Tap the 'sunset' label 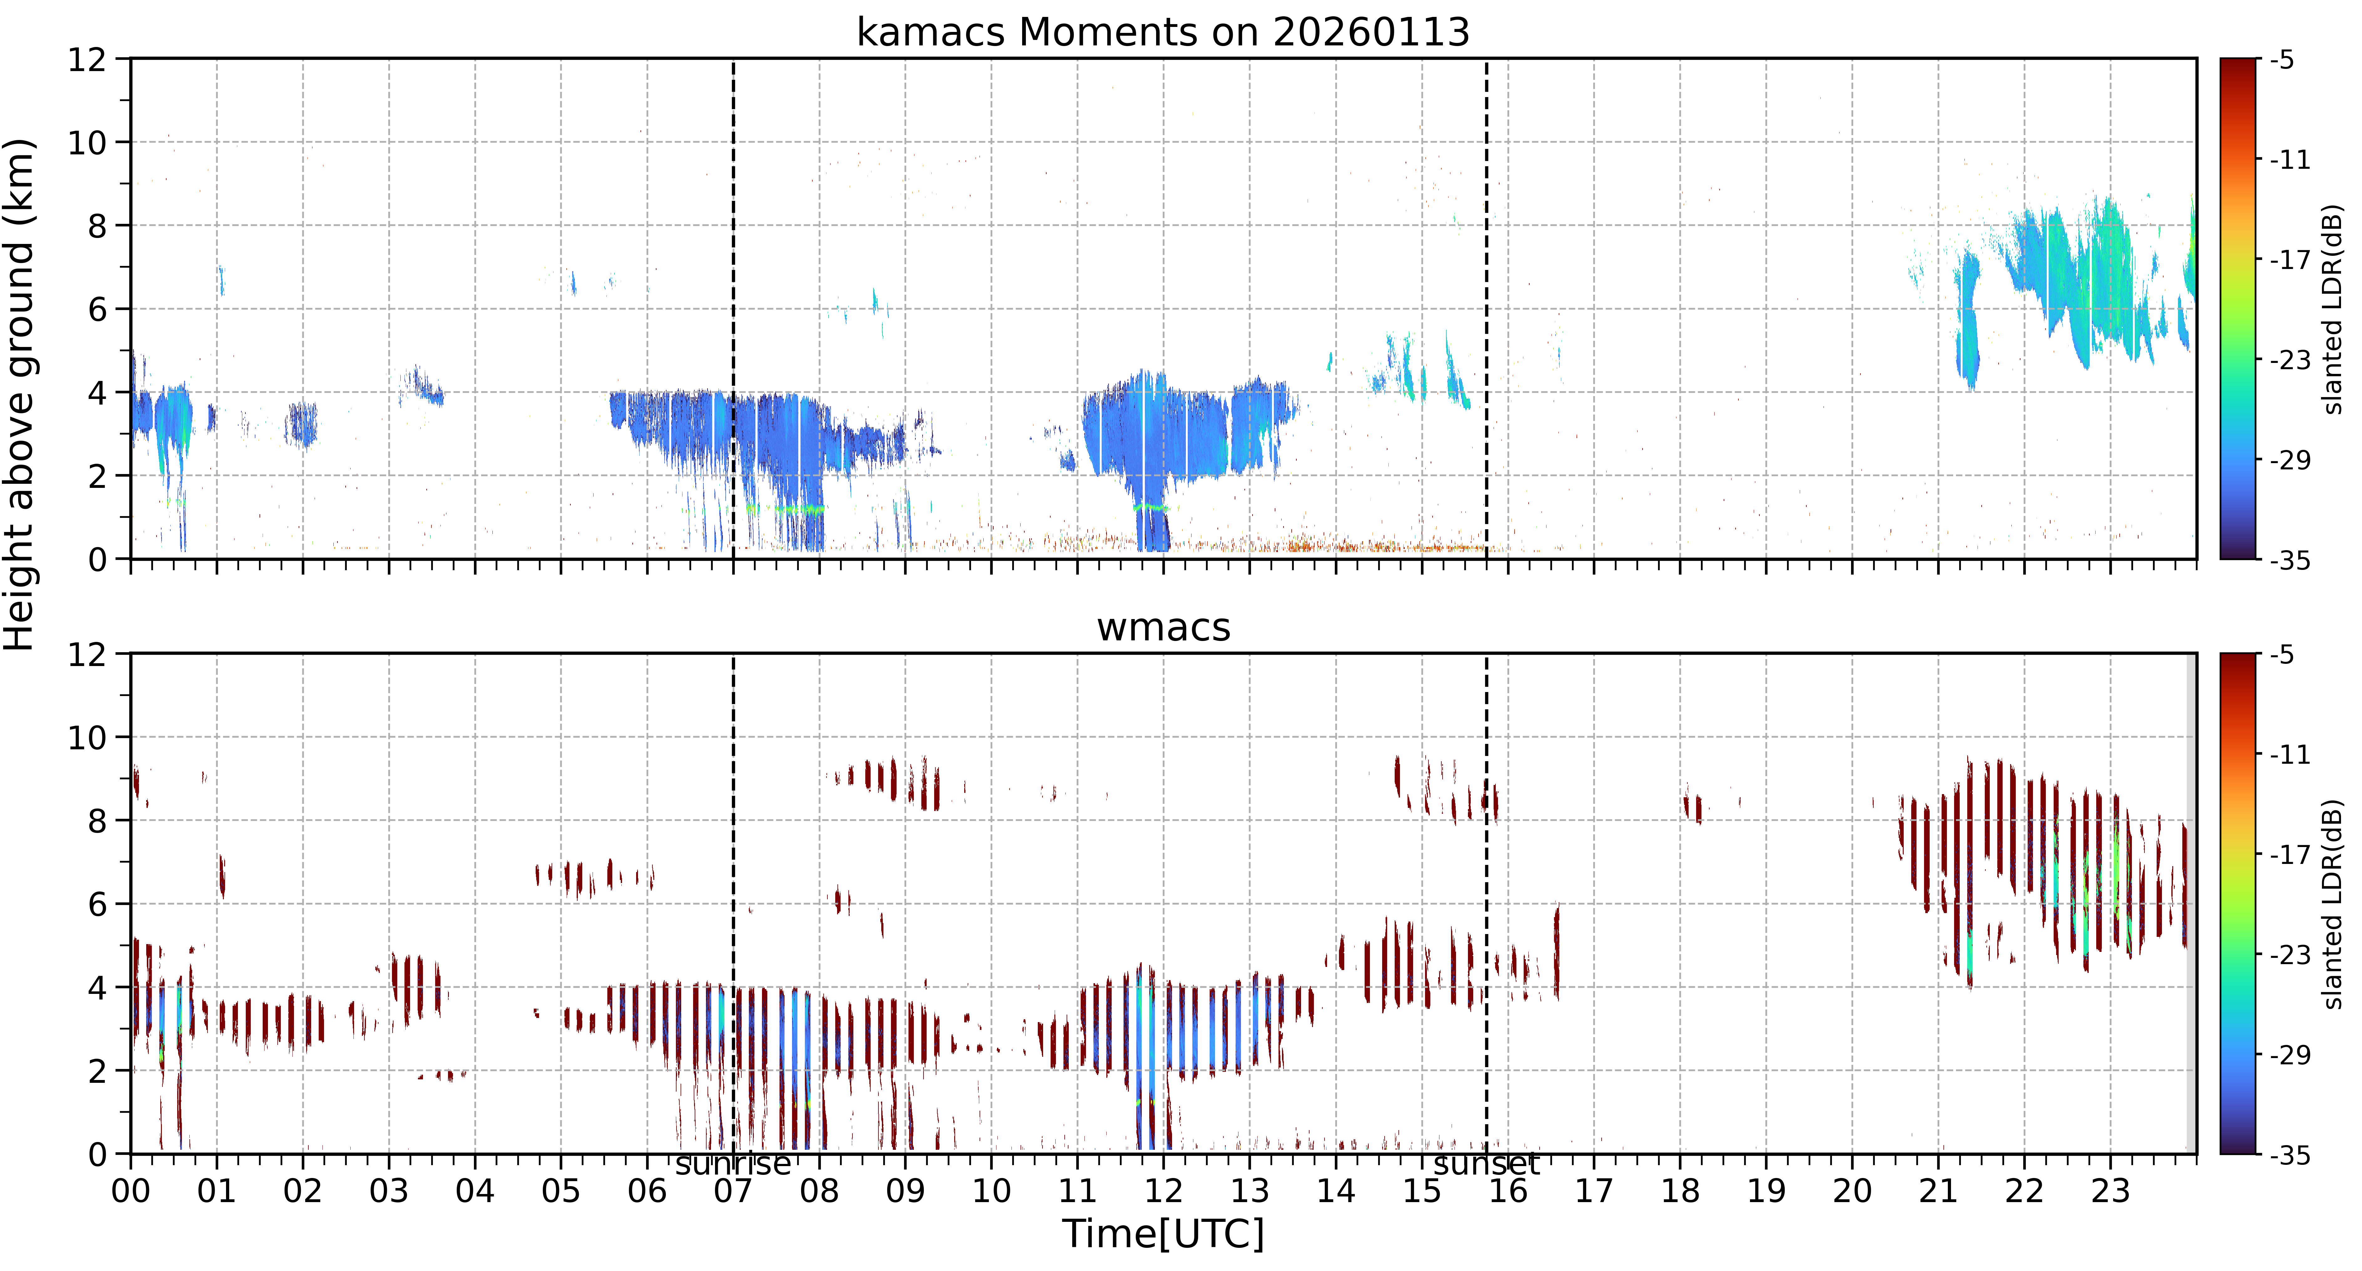1486,1164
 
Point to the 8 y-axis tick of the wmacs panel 97,821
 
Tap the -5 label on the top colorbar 2283,60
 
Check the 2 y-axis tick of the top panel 97,476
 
